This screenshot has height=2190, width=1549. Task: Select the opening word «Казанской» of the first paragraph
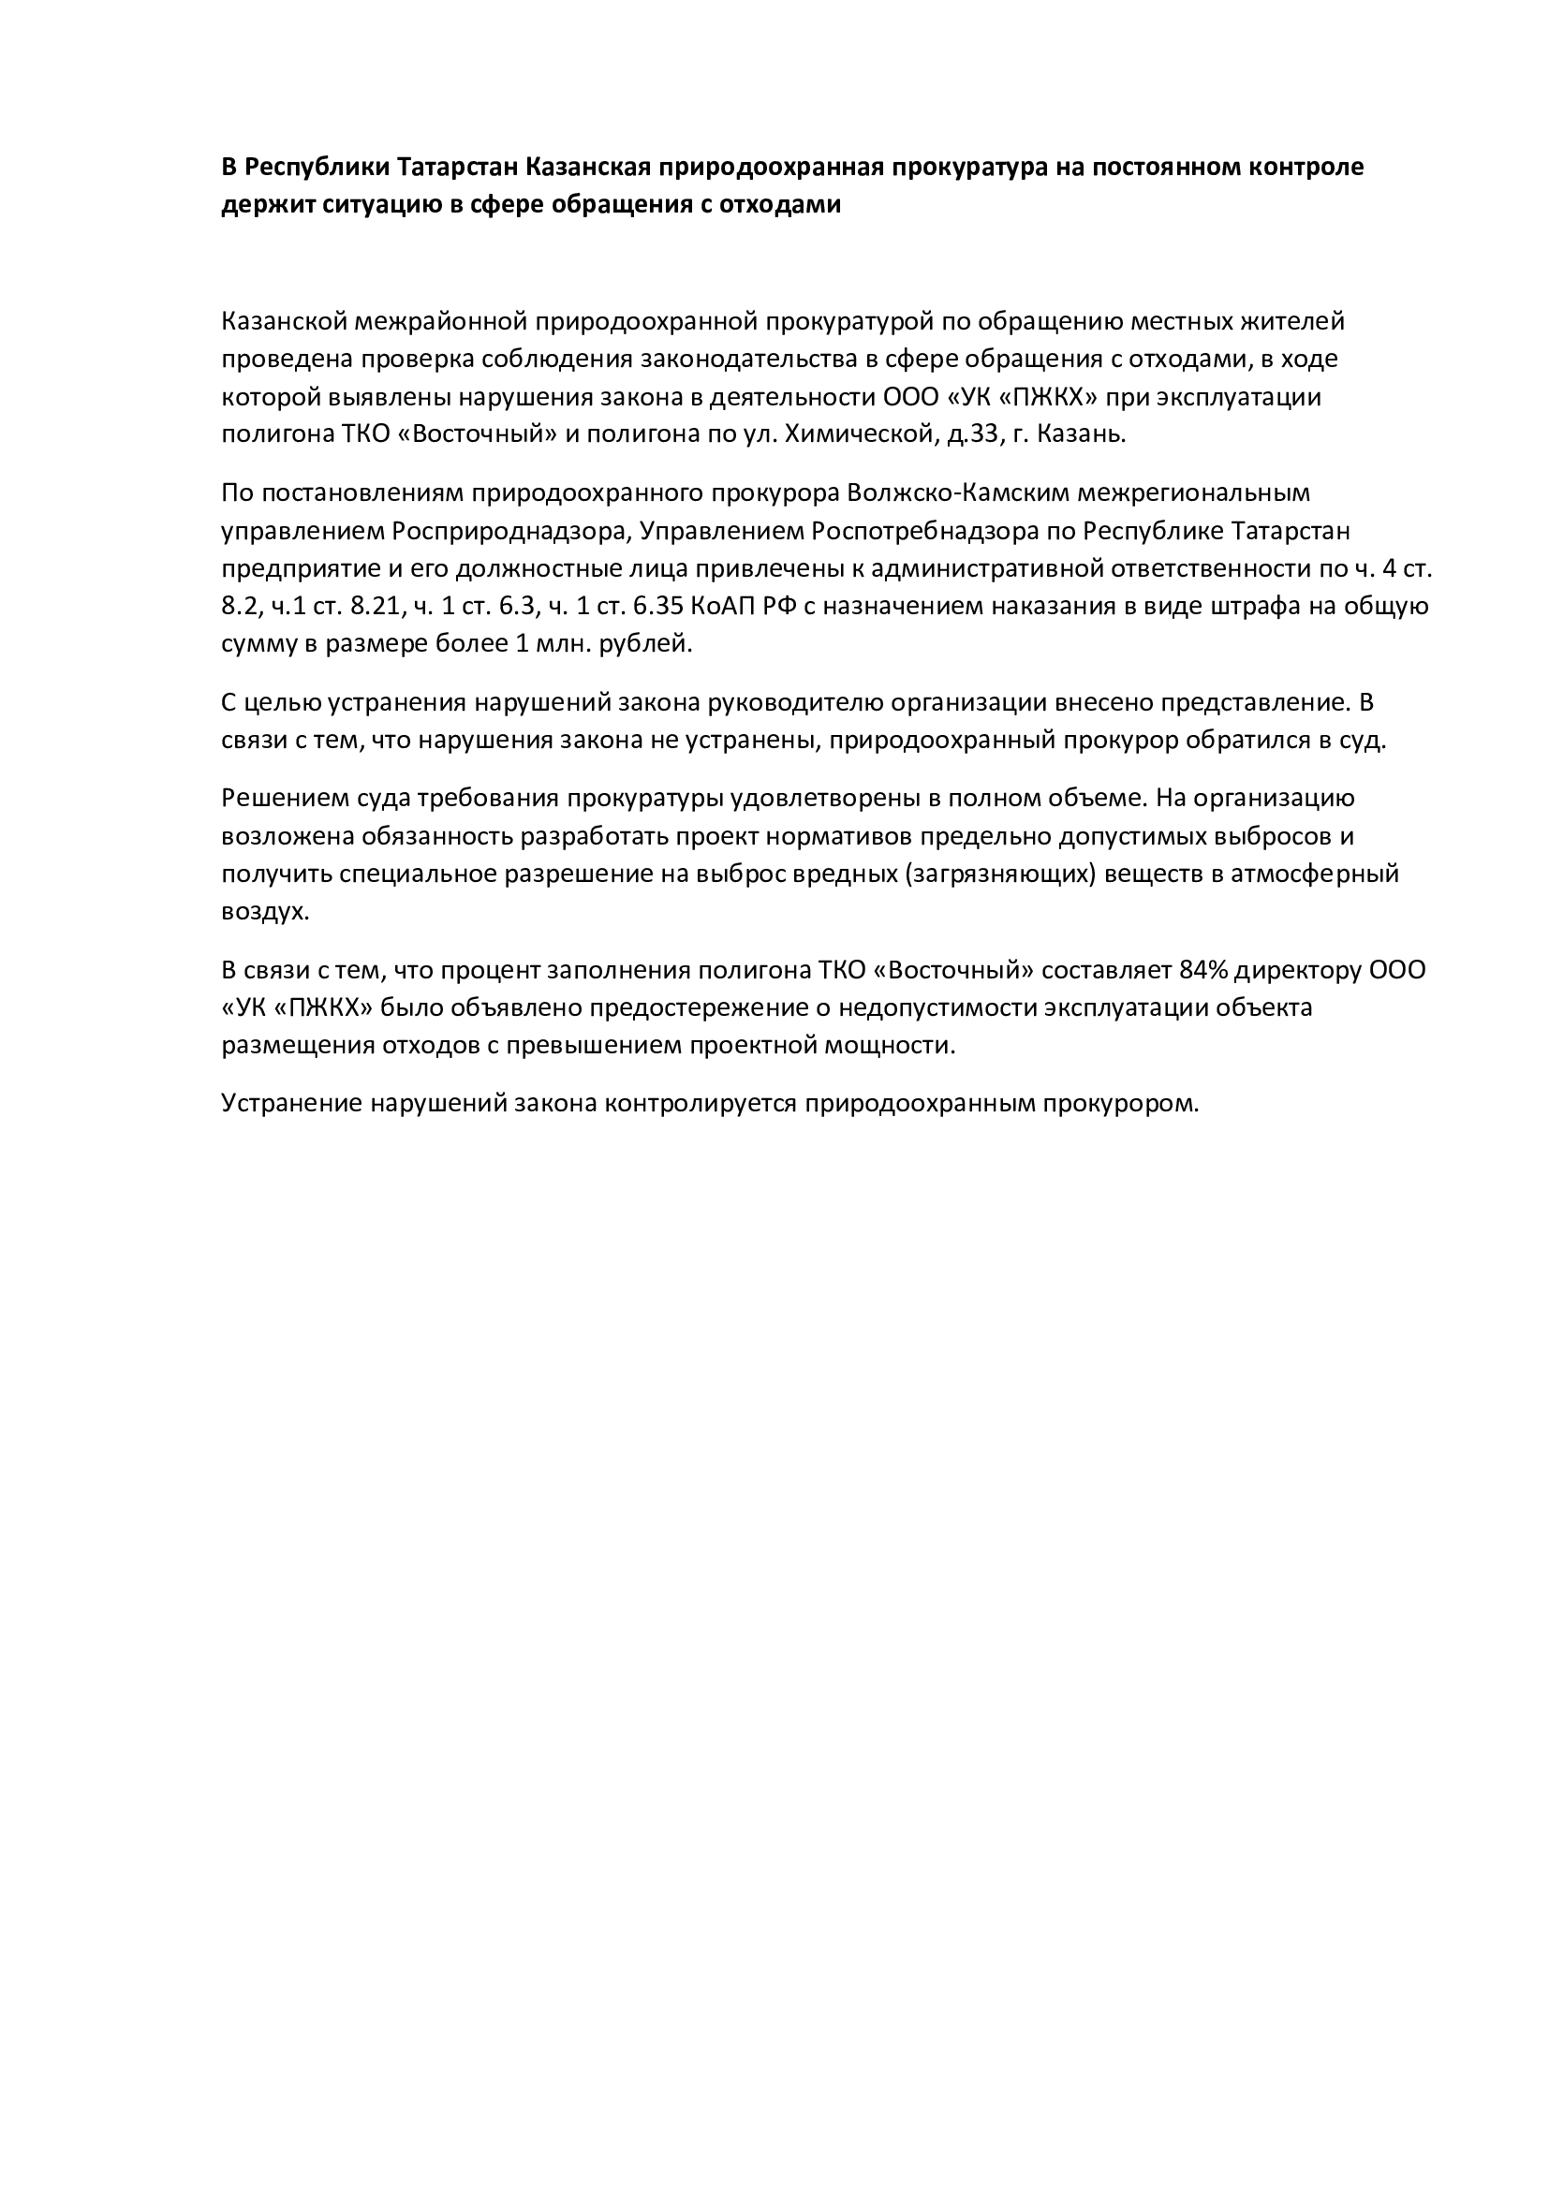click(283, 321)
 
